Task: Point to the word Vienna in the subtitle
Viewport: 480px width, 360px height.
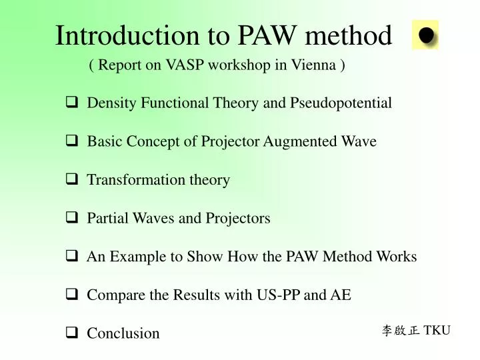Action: [316, 66]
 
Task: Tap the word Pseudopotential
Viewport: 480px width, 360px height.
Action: [341, 103]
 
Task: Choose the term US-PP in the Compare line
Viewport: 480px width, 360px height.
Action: [278, 295]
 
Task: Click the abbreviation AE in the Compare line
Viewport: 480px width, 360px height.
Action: [341, 295]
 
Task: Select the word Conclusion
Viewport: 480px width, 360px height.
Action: [123, 333]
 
